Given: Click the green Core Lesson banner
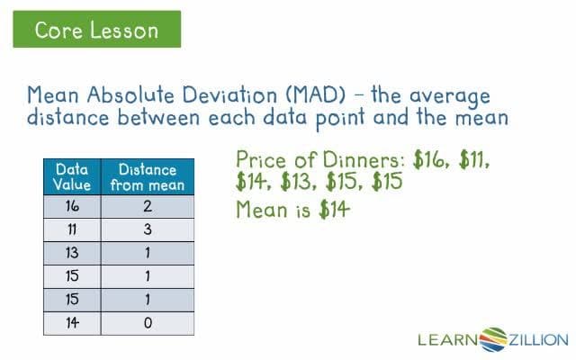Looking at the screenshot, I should (x=96, y=30).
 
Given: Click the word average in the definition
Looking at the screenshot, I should (x=452, y=95).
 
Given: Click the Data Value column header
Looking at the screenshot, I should (x=73, y=177).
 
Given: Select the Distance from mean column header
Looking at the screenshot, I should (x=148, y=177).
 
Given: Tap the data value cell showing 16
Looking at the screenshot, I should (x=73, y=207).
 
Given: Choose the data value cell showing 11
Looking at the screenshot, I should (x=73, y=230).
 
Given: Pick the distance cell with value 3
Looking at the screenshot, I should (x=148, y=230).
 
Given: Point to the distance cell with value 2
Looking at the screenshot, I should (x=148, y=207).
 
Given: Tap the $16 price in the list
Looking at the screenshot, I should (x=432, y=161).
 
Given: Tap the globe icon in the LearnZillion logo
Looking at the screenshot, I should (x=493, y=339).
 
